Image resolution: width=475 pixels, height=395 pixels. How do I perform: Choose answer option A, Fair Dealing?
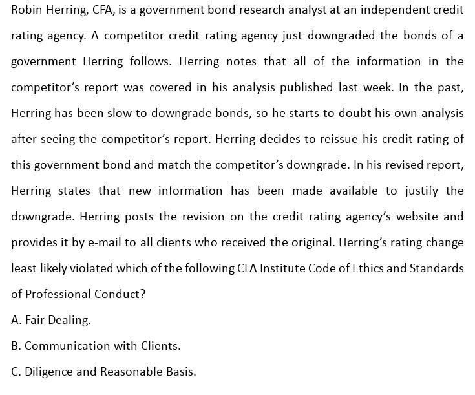pyautogui.click(x=50, y=320)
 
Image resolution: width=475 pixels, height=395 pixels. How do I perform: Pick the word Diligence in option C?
pyautogui.click(x=49, y=372)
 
